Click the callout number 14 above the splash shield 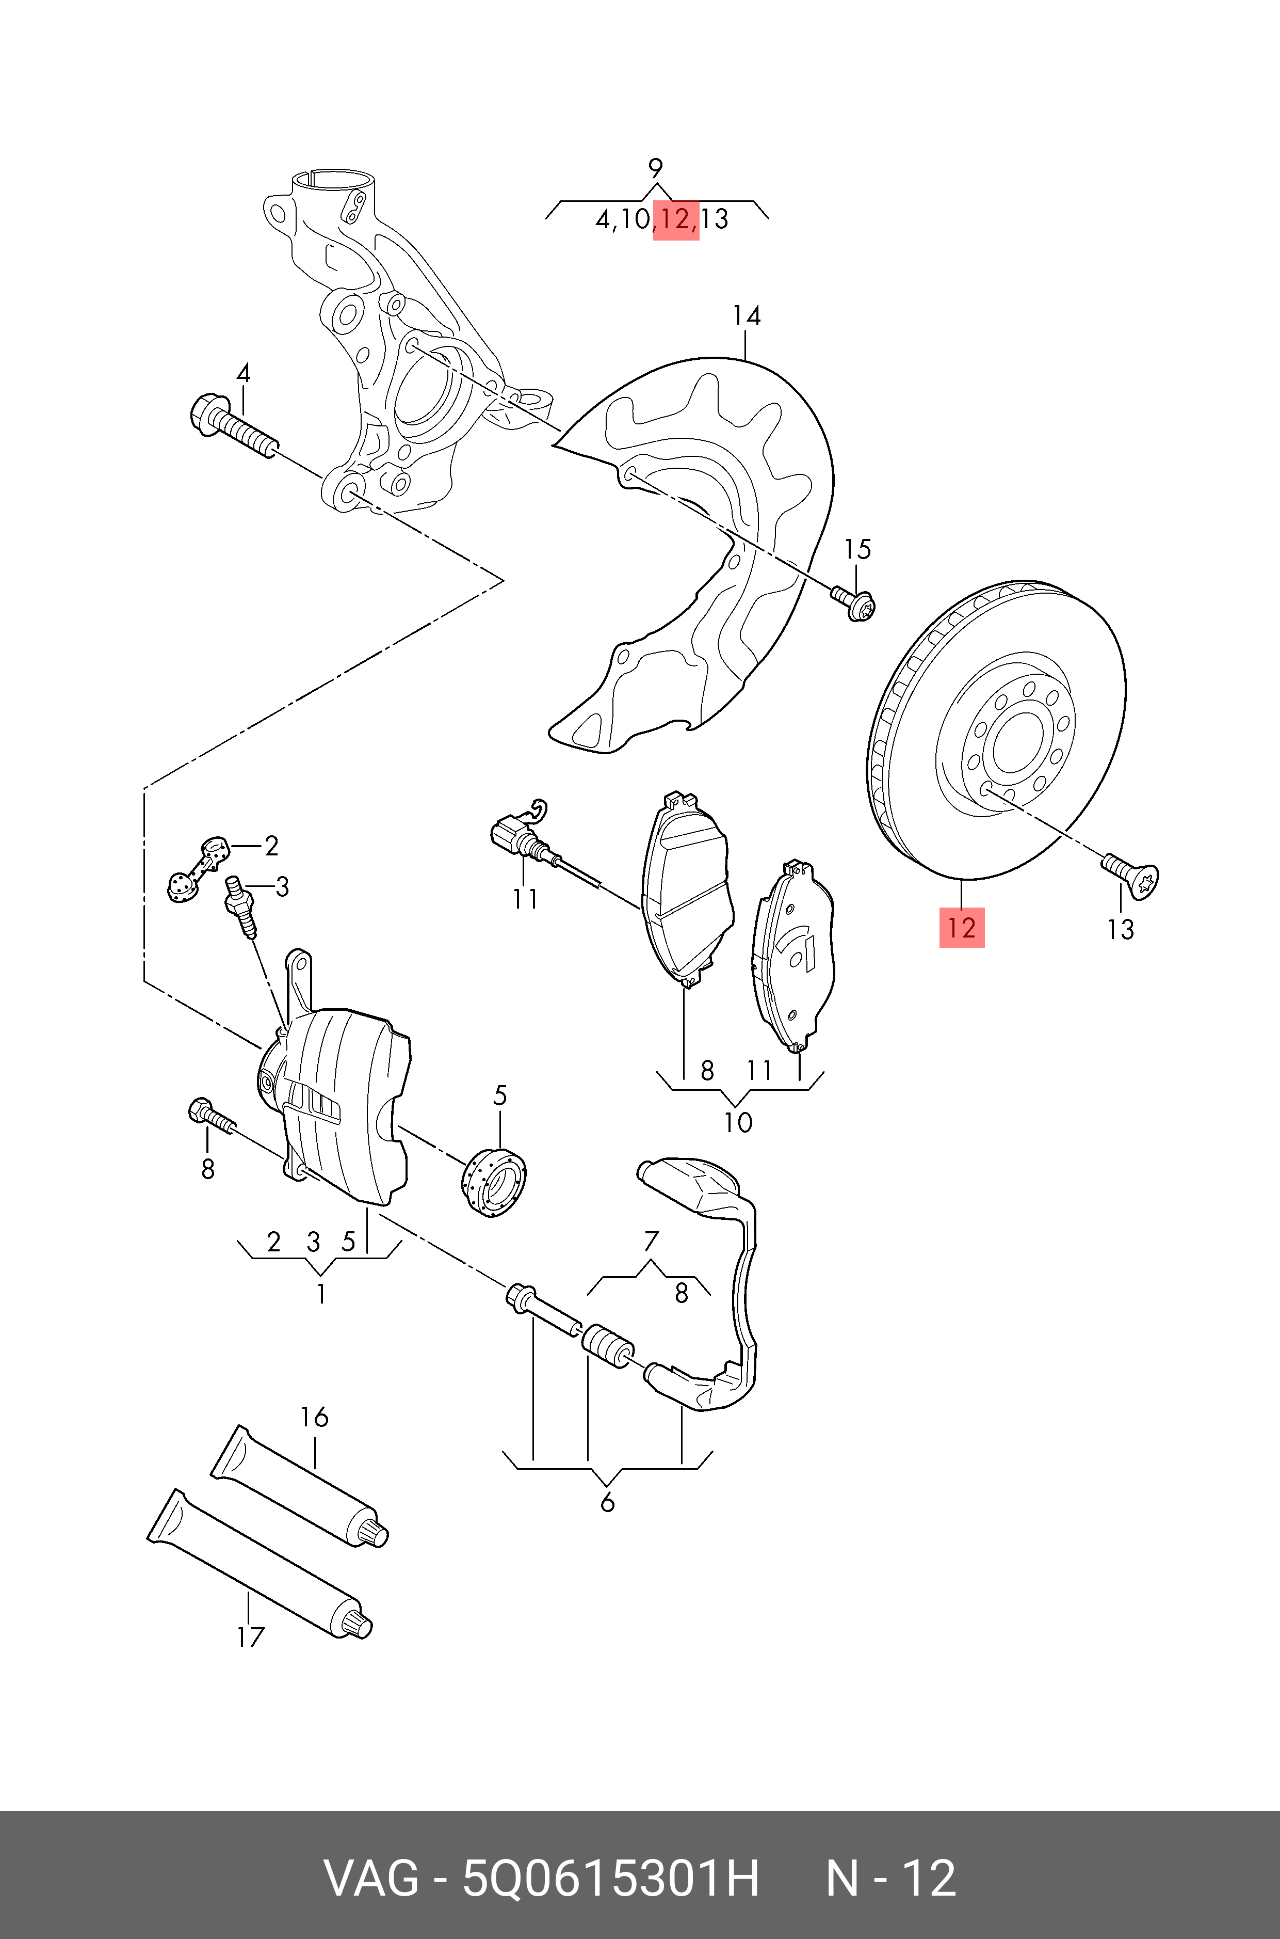[x=746, y=316]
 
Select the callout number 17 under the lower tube [x=251, y=1637]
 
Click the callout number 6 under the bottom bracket [x=607, y=1503]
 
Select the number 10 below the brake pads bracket [x=737, y=1122]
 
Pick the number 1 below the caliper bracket [x=321, y=1294]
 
